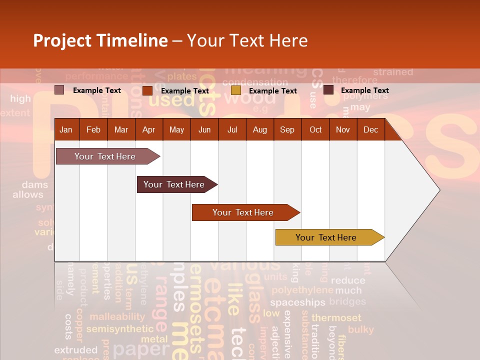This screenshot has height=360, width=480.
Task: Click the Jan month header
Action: (x=66, y=129)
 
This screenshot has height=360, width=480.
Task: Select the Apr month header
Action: (x=148, y=129)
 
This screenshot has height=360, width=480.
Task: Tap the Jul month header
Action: (x=232, y=129)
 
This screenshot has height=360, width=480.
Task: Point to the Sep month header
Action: (x=287, y=129)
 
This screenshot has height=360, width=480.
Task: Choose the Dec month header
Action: (x=370, y=129)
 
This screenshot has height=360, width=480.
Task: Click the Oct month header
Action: (x=315, y=129)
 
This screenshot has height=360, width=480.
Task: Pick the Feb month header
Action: (x=93, y=129)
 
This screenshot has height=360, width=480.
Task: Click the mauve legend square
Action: (x=59, y=90)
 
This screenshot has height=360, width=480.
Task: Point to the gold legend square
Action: (x=236, y=90)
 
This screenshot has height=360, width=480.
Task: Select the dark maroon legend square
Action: (x=328, y=90)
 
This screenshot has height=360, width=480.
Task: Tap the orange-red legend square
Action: (x=147, y=90)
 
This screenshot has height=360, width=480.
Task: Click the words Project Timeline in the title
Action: (x=100, y=40)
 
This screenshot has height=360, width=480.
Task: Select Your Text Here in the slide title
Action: (x=247, y=40)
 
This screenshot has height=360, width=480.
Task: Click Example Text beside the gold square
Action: (x=272, y=91)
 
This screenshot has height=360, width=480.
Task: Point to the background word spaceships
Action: (x=297, y=302)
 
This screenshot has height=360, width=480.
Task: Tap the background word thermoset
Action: (x=336, y=317)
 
